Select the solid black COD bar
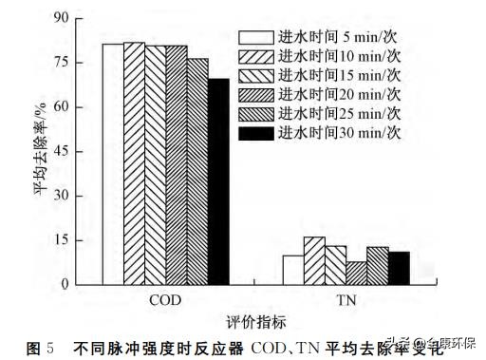point(218,180)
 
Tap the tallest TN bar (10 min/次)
point(314,259)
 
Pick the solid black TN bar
point(398,267)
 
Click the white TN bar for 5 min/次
point(293,269)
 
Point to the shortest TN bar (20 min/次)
point(356,272)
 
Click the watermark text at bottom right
point(437,344)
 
